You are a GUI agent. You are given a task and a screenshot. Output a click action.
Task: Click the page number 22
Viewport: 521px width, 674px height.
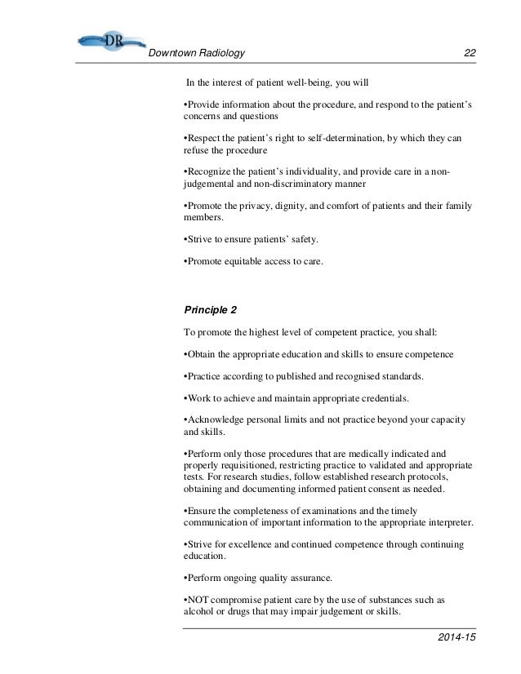[470, 54]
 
